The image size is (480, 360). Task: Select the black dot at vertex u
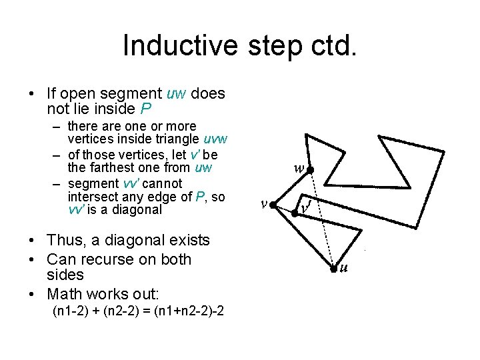pyautogui.click(x=335, y=269)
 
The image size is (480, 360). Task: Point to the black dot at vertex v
pyautogui.click(x=273, y=205)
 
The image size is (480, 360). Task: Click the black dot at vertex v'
pyautogui.click(x=295, y=213)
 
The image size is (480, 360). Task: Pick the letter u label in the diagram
pyautogui.click(x=344, y=269)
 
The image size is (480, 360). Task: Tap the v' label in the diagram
pyautogui.click(x=305, y=207)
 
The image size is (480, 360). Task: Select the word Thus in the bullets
pyautogui.click(x=65, y=240)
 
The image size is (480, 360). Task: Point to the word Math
pyautogui.click(x=65, y=293)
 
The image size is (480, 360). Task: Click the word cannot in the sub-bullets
pyautogui.click(x=159, y=183)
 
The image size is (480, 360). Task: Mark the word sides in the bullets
pyautogui.click(x=65, y=275)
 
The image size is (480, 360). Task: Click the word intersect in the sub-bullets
pyautogui.click(x=91, y=196)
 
